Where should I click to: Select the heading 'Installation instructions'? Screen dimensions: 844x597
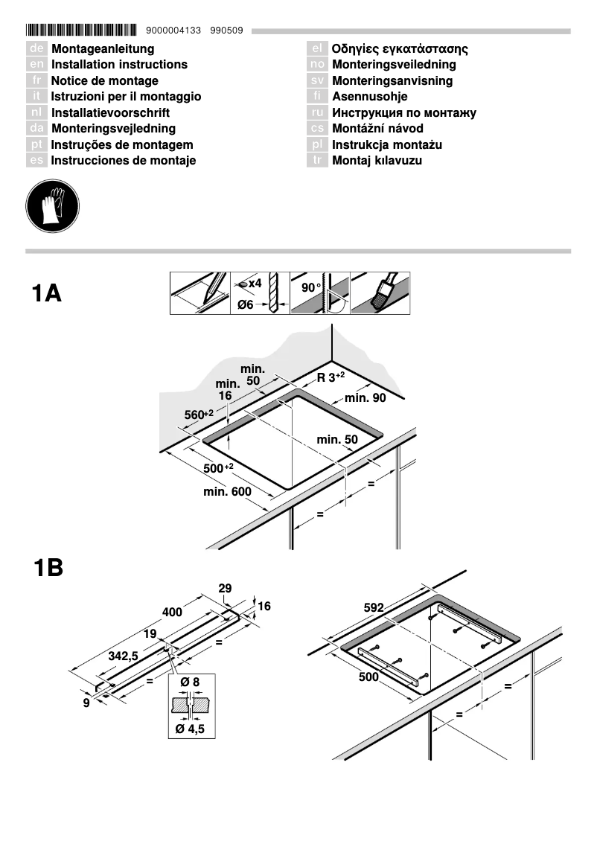[119, 65]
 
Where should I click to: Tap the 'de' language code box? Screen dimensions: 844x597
[36, 48]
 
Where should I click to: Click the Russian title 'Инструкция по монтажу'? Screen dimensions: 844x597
[403, 113]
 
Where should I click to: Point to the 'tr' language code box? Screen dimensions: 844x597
[317, 161]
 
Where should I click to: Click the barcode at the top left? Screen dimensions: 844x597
[81, 31]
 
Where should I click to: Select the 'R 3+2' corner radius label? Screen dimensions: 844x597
[331, 377]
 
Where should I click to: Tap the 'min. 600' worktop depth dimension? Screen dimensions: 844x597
[227, 492]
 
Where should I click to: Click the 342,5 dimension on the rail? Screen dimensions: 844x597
[123, 656]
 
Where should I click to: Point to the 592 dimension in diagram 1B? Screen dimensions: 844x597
[374, 608]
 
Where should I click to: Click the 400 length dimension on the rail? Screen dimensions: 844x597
[173, 612]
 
